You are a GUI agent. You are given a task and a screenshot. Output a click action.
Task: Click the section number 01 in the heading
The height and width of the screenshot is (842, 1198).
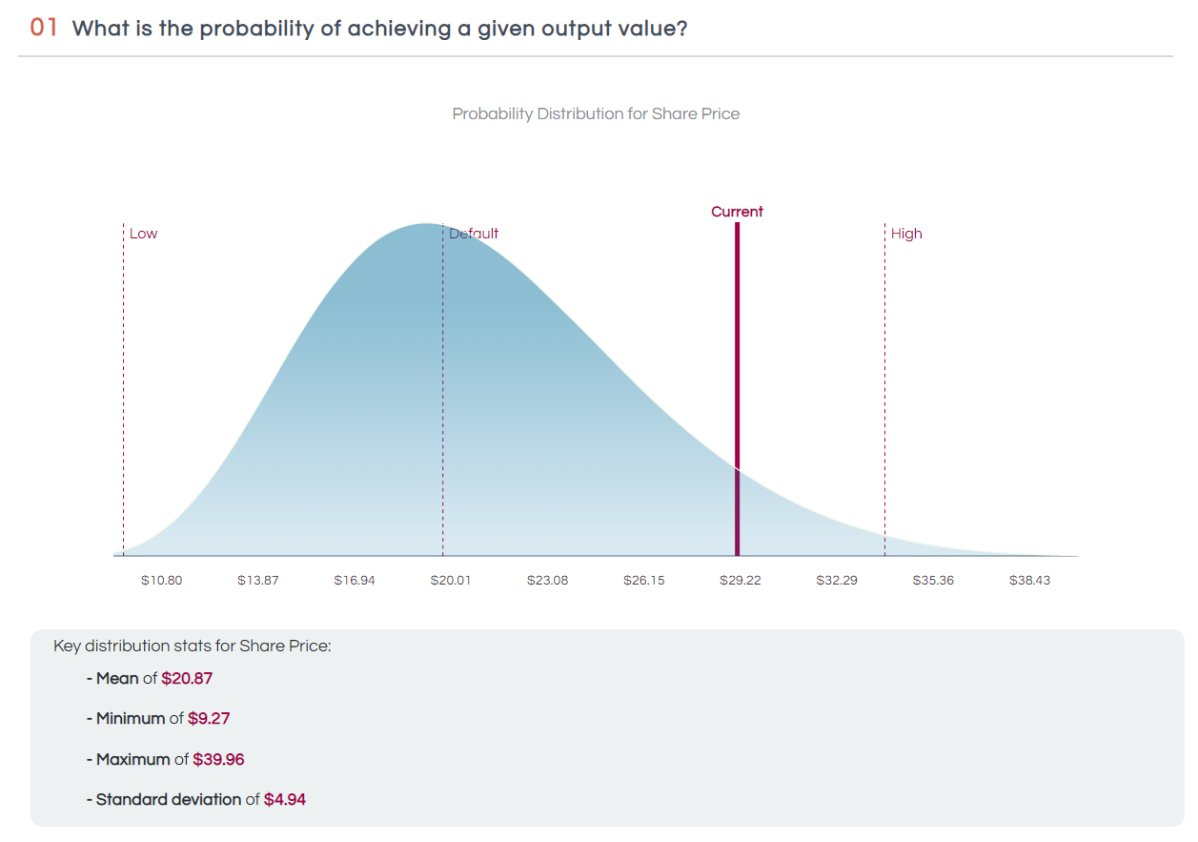44,28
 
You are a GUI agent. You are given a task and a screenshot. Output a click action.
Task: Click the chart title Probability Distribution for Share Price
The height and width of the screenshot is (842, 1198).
596,114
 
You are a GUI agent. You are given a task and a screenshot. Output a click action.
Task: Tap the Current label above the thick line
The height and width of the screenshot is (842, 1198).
737,212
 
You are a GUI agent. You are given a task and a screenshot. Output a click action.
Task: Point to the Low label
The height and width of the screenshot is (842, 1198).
144,234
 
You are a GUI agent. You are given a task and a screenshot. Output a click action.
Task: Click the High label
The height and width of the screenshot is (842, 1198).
906,234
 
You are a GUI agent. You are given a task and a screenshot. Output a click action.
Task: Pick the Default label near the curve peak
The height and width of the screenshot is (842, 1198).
474,234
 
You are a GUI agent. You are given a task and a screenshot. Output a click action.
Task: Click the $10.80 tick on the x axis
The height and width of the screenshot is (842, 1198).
161,580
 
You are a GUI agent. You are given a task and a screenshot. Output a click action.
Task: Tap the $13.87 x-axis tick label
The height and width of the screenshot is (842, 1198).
257,580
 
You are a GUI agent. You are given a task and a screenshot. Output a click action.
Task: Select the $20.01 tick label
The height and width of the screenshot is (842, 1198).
451,580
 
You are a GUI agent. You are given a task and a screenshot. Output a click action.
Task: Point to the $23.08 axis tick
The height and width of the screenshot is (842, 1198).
547,580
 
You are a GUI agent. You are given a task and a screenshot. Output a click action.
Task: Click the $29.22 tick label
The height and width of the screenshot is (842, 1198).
740,580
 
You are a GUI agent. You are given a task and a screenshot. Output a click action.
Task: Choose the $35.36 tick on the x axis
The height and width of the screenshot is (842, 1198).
933,580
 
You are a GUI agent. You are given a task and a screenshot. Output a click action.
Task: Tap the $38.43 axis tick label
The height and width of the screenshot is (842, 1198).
1029,580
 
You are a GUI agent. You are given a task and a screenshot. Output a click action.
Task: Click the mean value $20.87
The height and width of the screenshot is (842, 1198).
187,679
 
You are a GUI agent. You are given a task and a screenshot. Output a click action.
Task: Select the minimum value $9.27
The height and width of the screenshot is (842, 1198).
209,719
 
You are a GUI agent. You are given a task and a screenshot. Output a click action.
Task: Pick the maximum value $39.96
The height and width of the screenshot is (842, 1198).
218,759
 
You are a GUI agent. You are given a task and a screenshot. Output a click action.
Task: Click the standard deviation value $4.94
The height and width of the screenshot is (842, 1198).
285,799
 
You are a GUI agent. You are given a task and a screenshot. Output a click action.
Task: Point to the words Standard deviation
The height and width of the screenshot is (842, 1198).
169,799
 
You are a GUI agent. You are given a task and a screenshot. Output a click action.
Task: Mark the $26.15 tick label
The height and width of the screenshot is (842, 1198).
644,580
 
